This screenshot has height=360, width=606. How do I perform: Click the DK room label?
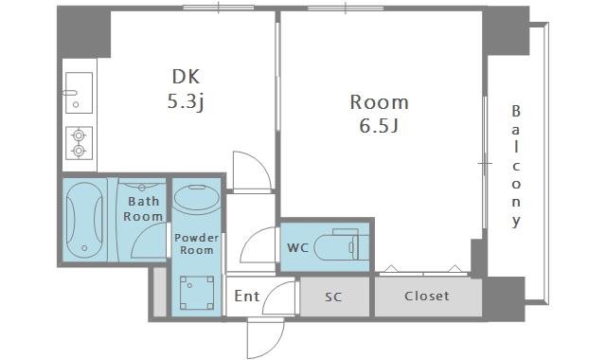186,77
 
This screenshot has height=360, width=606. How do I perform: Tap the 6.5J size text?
379,126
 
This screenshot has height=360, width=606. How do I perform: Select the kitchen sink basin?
79,93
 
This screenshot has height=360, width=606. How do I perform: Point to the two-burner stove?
79,143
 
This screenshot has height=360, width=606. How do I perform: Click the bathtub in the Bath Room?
84,220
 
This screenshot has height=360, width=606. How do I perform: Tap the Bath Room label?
143,208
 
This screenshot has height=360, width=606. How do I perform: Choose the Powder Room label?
197,243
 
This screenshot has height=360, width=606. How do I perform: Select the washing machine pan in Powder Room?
197,293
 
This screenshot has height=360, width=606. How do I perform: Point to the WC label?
298,247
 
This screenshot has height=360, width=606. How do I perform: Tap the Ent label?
247,297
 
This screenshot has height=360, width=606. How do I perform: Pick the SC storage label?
333,297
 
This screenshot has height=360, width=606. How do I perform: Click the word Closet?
427,297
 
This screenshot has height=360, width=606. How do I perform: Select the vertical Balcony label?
516,166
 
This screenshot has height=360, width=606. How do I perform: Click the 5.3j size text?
186,101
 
